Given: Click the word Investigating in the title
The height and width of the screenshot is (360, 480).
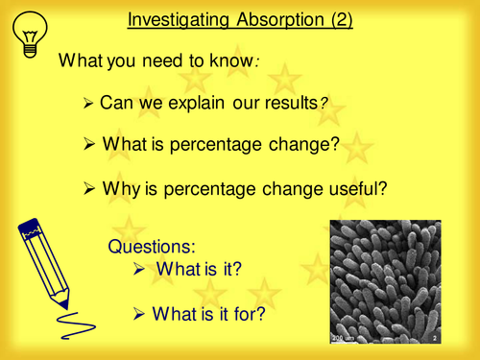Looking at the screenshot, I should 174,19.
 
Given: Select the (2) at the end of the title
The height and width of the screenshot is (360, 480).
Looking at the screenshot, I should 339,19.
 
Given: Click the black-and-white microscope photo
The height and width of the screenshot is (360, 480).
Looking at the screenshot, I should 384,282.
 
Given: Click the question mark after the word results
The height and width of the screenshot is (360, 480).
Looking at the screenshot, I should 323,104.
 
